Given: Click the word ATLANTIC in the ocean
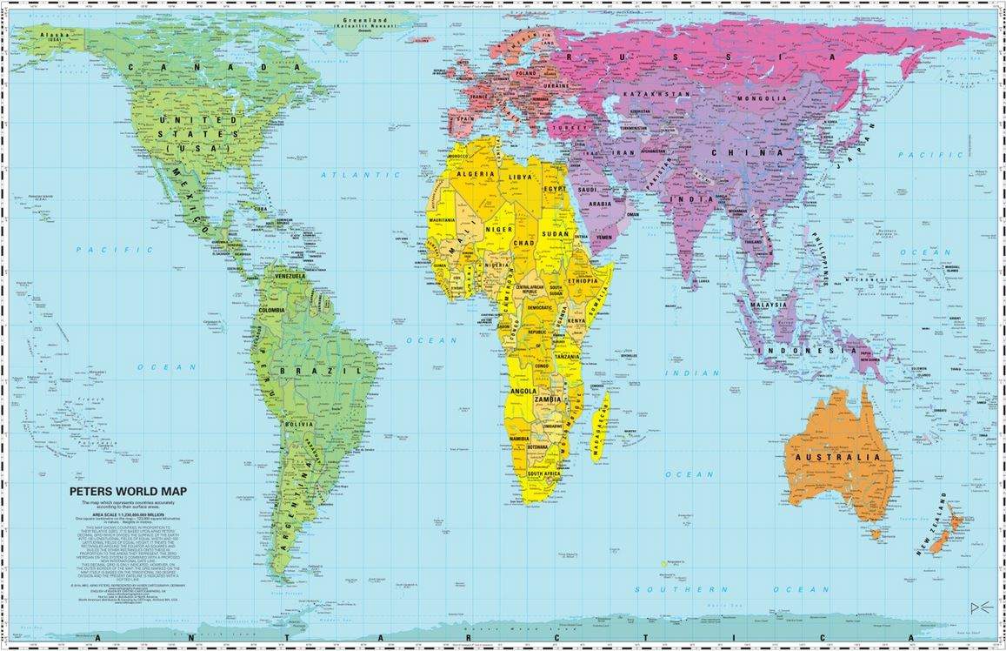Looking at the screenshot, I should [349, 175].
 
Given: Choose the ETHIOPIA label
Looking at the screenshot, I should [583, 282].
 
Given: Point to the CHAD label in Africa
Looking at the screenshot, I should [524, 243].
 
